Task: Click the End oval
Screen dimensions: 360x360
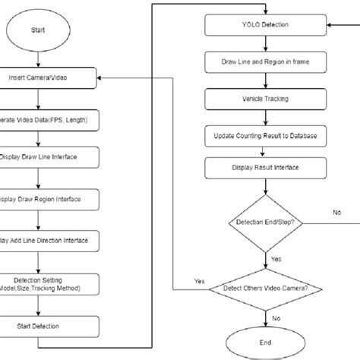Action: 264,342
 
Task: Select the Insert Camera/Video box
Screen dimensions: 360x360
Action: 49,77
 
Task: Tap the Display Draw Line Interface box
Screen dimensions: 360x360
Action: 49,157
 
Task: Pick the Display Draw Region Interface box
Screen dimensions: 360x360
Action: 49,199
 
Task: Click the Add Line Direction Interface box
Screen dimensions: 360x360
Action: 49,240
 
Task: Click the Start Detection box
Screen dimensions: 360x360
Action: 49,327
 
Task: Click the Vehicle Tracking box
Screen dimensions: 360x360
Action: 264,99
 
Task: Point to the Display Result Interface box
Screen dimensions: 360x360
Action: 264,169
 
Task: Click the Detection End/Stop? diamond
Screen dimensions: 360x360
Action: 264,223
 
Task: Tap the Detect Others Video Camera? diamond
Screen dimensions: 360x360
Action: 264,288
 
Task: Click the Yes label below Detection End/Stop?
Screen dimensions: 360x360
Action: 276,259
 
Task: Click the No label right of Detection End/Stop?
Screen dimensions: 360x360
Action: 336,213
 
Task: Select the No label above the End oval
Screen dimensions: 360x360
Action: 275,320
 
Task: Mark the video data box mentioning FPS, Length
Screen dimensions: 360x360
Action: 49,120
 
